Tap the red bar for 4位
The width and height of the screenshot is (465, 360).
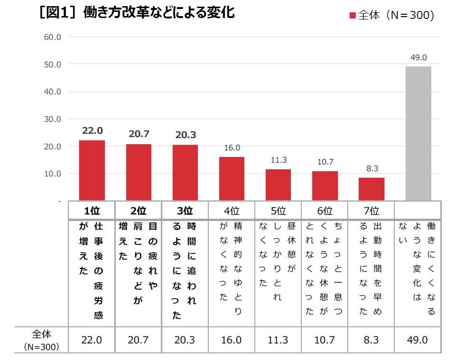point(232,178)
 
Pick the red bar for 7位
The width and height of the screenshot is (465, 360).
point(371,189)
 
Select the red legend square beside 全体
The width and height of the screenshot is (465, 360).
point(352,16)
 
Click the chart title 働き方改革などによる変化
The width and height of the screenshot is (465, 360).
point(159,13)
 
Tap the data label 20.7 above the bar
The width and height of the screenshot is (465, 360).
point(139,134)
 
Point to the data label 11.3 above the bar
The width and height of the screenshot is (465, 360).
point(278,160)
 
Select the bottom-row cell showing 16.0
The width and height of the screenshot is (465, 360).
point(232,340)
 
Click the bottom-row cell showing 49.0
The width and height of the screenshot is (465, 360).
point(418,340)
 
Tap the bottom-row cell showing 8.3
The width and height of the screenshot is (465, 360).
point(371,340)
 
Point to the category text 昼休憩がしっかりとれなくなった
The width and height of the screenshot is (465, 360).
point(278,261)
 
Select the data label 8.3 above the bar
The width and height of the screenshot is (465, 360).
point(371,168)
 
